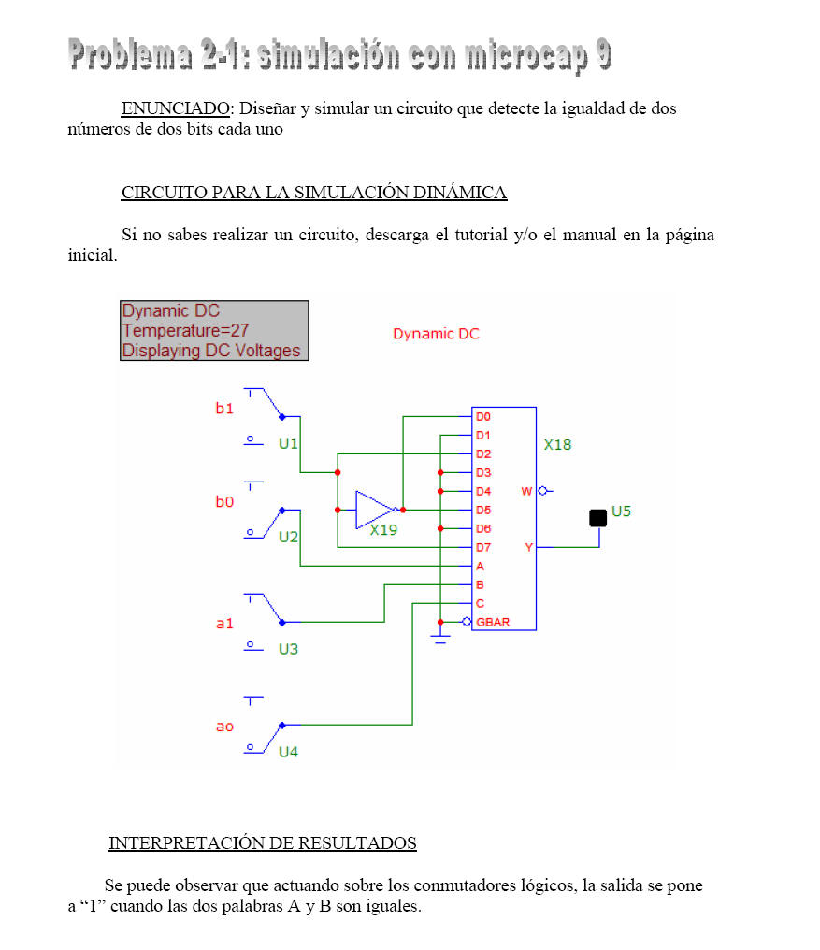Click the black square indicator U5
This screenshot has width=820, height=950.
597,518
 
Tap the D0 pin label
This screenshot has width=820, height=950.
483,417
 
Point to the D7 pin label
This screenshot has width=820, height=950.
483,548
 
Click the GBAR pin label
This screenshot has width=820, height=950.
493,622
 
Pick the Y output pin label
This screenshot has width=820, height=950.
528,548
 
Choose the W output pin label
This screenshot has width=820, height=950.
526,491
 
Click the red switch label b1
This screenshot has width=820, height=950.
224,409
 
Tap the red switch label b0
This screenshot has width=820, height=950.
224,502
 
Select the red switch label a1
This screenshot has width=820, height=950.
224,624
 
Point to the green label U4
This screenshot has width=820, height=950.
288,752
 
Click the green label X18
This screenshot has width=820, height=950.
557,445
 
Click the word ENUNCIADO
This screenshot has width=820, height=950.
175,108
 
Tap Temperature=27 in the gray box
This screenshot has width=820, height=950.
185,331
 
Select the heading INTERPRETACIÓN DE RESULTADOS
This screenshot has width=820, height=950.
263,842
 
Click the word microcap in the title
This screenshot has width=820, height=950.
526,56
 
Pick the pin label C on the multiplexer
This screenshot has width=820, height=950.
480,604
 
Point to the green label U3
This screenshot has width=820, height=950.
288,650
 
